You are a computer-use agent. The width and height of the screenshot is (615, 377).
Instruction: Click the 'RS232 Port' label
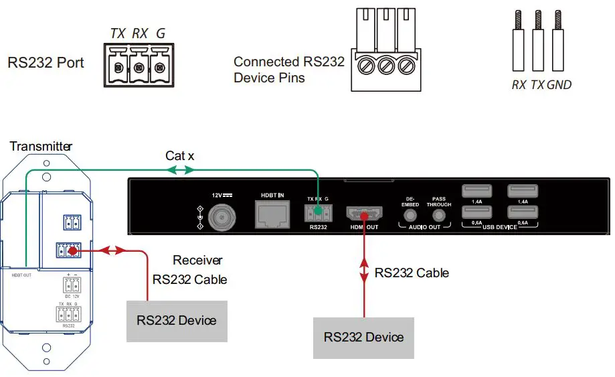coord(46,63)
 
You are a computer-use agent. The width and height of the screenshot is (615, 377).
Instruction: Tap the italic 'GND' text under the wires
coord(559,85)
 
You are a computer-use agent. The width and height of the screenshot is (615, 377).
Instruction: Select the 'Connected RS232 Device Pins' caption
coord(288,70)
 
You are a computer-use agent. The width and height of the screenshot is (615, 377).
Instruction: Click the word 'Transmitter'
coord(41,146)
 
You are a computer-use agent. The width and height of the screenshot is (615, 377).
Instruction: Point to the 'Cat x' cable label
coord(180,156)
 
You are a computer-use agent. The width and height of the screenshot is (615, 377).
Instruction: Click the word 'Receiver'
coord(197,260)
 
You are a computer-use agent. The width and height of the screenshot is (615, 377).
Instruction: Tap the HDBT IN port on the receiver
coord(272,214)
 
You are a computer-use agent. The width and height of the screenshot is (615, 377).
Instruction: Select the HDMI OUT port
coord(363,215)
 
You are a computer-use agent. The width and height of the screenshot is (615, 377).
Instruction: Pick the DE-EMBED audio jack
coord(410,216)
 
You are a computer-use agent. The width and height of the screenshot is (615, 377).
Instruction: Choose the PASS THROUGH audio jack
coord(439,216)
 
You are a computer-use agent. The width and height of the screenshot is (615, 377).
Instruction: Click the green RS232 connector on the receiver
coord(317,214)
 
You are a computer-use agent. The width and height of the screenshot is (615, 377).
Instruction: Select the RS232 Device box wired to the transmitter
coord(176,320)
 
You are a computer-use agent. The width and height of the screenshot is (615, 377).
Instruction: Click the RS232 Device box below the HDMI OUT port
coord(363,337)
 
